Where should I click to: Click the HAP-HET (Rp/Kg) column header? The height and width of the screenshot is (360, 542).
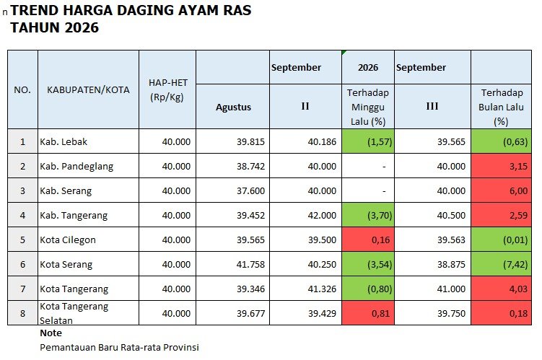point(167,90)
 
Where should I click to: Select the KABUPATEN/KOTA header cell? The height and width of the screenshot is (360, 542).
point(88,90)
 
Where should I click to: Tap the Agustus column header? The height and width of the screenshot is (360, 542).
point(233,107)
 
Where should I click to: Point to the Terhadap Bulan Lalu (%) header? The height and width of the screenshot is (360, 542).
point(501,107)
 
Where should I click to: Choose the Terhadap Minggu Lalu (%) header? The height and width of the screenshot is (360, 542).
point(368,107)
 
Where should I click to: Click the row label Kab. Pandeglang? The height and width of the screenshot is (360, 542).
point(77,166)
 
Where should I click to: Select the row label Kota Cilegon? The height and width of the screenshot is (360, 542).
point(68,240)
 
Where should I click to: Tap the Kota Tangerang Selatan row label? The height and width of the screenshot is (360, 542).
point(74,313)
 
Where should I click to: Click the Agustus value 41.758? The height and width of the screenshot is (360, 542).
point(250,264)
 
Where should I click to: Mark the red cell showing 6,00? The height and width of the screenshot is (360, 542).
point(501,190)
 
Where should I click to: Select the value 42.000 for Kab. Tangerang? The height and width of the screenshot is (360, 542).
point(322,215)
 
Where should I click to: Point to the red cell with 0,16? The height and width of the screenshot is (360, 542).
point(368,240)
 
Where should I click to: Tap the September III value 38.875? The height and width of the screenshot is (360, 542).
point(451,264)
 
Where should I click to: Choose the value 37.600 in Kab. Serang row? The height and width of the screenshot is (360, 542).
point(250,190)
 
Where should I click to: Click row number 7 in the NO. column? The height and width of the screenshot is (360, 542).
point(23,289)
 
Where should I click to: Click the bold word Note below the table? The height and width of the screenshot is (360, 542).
point(51,333)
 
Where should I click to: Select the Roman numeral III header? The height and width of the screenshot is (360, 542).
point(432,106)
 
